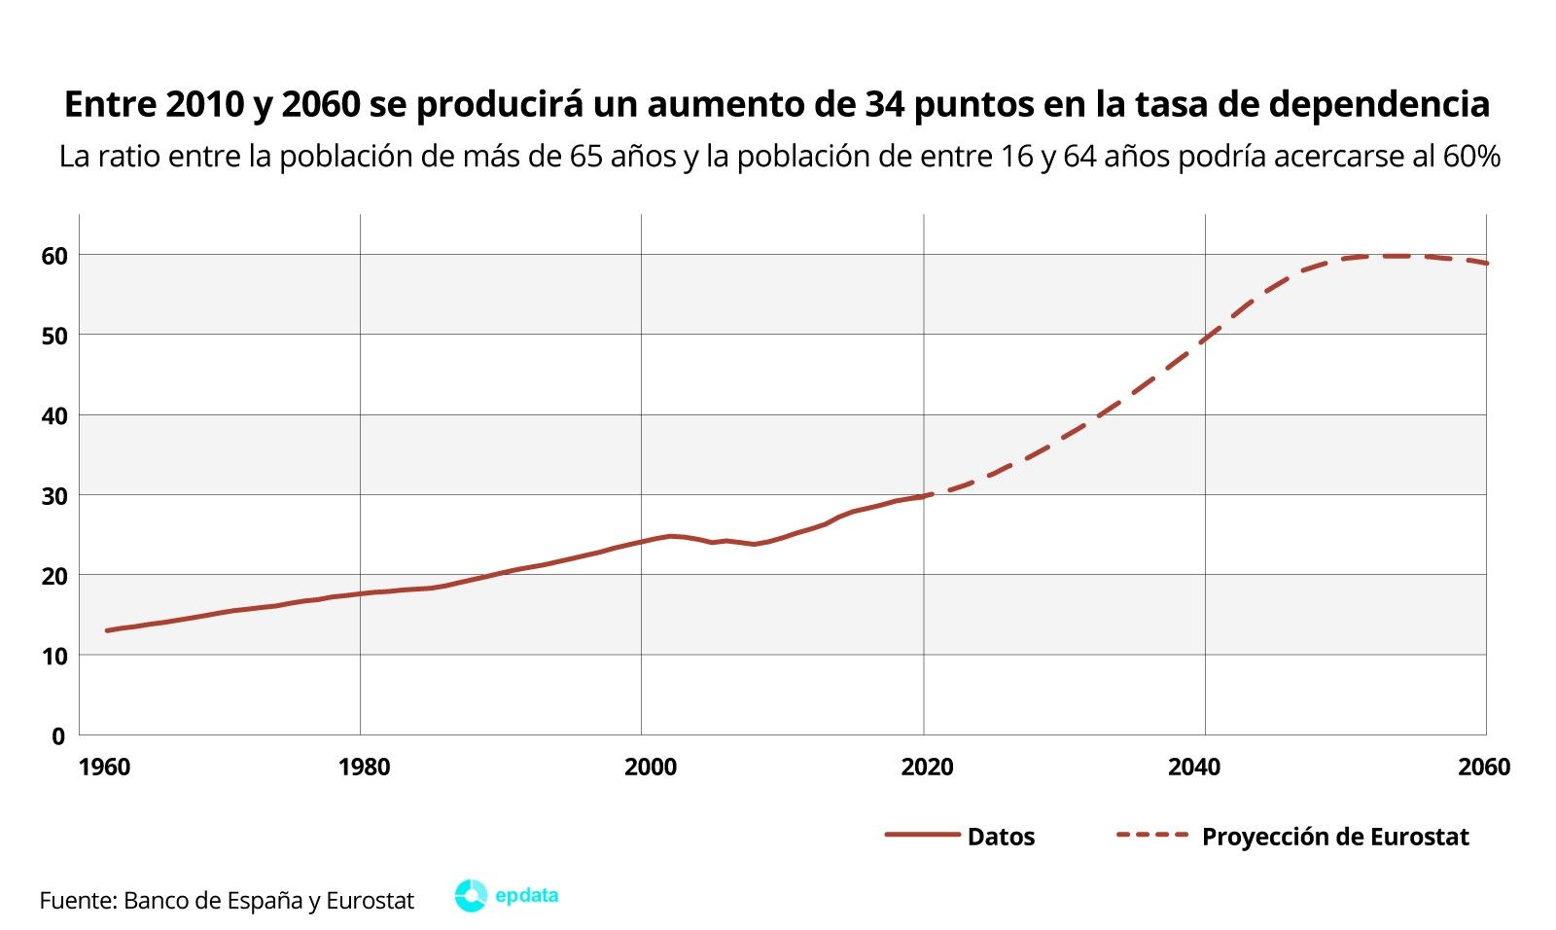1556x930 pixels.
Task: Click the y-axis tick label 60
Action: point(53,256)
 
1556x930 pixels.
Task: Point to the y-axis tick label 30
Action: point(53,496)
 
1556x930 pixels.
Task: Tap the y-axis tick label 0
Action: point(58,736)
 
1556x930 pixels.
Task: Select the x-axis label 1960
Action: point(103,768)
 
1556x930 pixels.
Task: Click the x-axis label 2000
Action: point(650,768)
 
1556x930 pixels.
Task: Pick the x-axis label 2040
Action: point(1193,768)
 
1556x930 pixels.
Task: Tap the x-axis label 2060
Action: point(1484,768)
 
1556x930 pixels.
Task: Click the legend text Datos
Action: point(1001,837)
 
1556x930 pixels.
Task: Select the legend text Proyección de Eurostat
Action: point(1334,837)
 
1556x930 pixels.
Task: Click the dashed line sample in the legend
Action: point(1152,836)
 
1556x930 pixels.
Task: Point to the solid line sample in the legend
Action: point(921,836)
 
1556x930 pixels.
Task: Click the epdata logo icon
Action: point(471,896)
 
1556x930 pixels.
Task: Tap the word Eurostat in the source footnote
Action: point(370,901)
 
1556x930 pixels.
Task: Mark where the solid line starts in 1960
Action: point(107,630)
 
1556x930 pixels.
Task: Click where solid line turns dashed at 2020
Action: point(924,496)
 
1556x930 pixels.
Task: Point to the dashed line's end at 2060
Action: point(1486,264)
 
